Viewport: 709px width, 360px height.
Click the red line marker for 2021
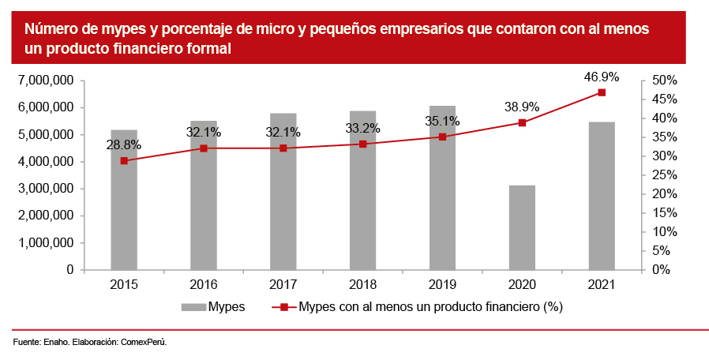[x=602, y=92]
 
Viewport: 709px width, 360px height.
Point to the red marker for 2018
[x=362, y=144]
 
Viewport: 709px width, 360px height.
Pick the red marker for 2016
[x=204, y=148]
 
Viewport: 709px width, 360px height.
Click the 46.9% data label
[x=602, y=77]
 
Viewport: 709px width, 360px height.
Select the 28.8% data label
[x=124, y=145]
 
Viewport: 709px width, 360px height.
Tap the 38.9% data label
[x=522, y=107]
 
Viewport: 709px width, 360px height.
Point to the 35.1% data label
[x=442, y=122]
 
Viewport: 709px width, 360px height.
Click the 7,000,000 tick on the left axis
[x=45, y=81]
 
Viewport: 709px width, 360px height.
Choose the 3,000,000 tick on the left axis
[x=45, y=189]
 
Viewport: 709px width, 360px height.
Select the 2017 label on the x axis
[x=283, y=284]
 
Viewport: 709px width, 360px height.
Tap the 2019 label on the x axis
[x=442, y=284]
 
